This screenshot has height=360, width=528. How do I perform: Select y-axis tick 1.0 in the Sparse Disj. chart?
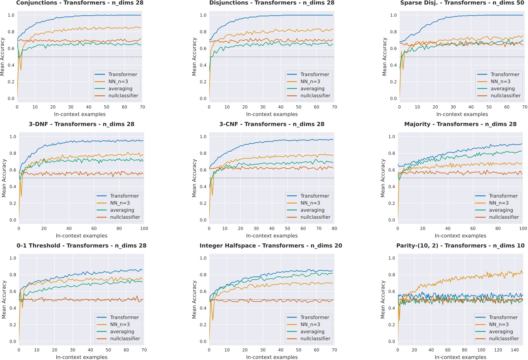[x=392, y=15]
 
